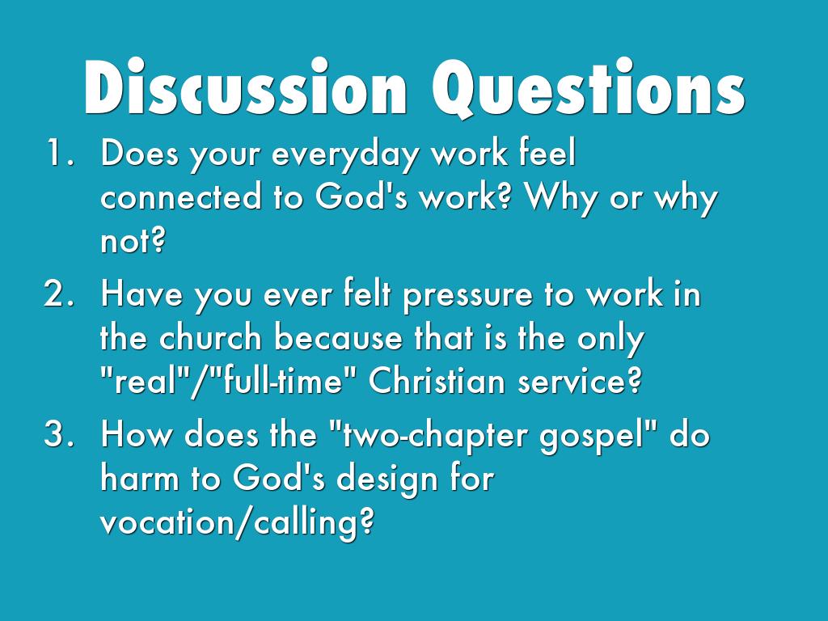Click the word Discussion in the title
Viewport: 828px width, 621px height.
point(246,87)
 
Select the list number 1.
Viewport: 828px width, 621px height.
point(59,153)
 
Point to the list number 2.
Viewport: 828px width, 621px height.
point(58,294)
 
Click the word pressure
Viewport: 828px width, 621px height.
point(468,297)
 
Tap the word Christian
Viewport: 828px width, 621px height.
point(437,380)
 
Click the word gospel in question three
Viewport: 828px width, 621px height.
point(594,437)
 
